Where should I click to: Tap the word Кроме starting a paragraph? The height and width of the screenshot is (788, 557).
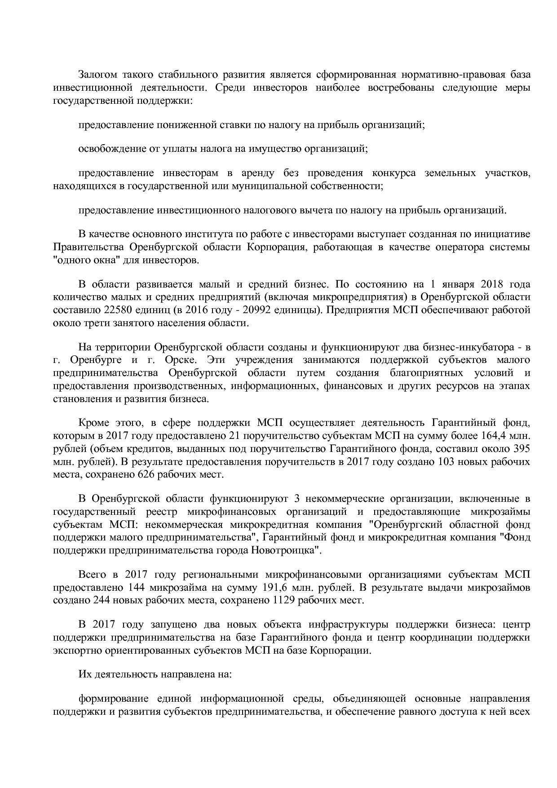pyautogui.click(x=93, y=422)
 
